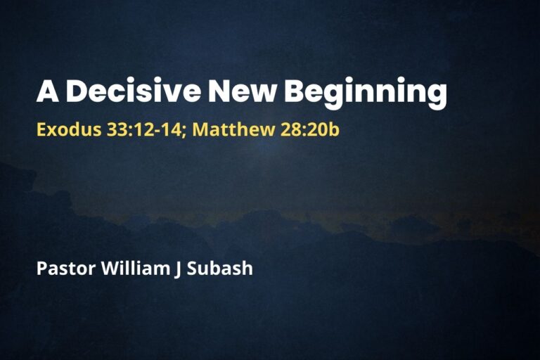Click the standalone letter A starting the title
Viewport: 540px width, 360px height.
click(x=46, y=93)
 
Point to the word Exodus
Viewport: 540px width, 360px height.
click(x=61, y=130)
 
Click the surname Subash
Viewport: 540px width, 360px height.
click(x=219, y=269)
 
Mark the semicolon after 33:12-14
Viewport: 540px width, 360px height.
click(x=183, y=131)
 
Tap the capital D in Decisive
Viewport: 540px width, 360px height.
click(x=77, y=93)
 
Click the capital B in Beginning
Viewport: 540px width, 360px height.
click(x=295, y=93)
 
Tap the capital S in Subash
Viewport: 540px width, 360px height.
click(x=192, y=269)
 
